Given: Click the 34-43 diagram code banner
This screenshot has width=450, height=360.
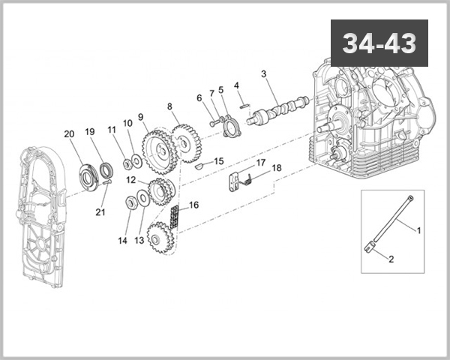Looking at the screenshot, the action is (379, 43).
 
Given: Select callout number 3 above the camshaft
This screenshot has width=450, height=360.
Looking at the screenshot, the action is (263, 74).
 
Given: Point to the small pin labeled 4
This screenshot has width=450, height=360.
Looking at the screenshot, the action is (244, 106).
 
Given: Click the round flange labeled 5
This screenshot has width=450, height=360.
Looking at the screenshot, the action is (231, 127).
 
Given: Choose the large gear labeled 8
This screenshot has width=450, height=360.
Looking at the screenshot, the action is (187, 143).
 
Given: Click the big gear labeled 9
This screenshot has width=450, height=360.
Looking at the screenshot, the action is (160, 151).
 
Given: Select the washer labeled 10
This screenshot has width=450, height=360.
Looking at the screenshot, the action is (136, 161).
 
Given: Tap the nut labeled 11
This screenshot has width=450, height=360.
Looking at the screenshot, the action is (127, 163).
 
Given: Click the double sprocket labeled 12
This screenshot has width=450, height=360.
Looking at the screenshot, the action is (160, 191).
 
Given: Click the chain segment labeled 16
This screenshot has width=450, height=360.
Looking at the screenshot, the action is (174, 217).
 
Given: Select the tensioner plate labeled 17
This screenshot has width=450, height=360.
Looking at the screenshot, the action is (234, 182).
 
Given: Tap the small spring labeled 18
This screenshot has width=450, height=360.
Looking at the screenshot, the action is (247, 181).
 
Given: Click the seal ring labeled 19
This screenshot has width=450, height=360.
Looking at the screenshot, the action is (106, 170).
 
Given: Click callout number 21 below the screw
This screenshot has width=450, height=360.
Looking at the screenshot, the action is (100, 212).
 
